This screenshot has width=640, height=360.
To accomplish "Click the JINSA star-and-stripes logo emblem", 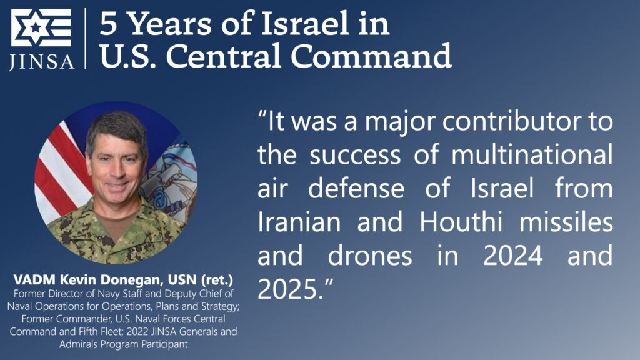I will pyautogui.click(x=41, y=28).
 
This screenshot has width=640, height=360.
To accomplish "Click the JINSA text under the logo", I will pyautogui.click(x=41, y=61).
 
